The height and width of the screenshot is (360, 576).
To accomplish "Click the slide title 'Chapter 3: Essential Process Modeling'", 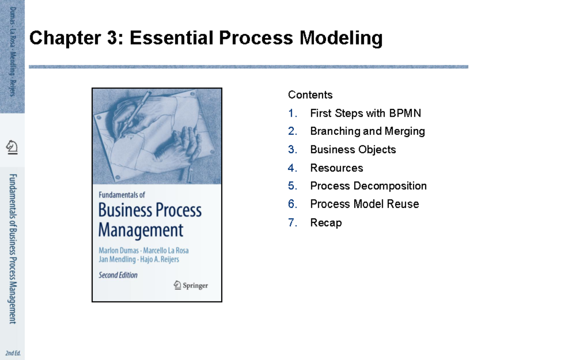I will pyautogui.click(x=206, y=38).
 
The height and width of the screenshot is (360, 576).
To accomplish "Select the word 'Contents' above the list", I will pyautogui.click(x=310, y=95).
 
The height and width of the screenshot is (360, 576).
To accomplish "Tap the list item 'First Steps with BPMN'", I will pyautogui.click(x=365, y=113).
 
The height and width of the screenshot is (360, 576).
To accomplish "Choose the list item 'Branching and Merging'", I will pyautogui.click(x=367, y=131).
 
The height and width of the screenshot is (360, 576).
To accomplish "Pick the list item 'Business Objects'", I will pyautogui.click(x=353, y=149).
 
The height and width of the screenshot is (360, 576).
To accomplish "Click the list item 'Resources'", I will pyautogui.click(x=336, y=168).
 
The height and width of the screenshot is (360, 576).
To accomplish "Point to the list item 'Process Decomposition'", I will pyautogui.click(x=368, y=186).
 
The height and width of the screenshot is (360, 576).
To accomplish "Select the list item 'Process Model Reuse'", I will pyautogui.click(x=364, y=204).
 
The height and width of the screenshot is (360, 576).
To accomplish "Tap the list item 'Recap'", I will pyautogui.click(x=326, y=222).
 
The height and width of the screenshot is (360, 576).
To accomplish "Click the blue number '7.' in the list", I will pyautogui.click(x=293, y=222).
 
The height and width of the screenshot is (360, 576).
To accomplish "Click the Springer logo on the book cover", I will pyautogui.click(x=191, y=285).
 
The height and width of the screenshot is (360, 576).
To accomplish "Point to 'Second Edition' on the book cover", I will pyautogui.click(x=118, y=275).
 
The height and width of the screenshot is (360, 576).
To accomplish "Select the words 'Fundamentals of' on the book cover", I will pyautogui.click(x=121, y=195).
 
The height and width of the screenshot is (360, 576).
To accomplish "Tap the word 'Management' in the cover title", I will pyautogui.click(x=141, y=230).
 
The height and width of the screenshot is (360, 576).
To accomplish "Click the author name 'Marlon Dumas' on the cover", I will pyautogui.click(x=119, y=250).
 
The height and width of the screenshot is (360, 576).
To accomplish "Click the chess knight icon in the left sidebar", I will pyautogui.click(x=12, y=146).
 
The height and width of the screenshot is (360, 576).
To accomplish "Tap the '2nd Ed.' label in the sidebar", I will pyautogui.click(x=13, y=354).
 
